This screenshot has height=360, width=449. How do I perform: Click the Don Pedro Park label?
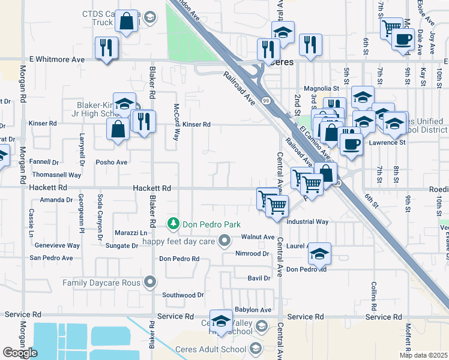211,224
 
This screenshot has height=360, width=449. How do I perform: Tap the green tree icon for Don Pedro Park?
173,224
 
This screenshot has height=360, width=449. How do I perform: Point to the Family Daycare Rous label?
101,283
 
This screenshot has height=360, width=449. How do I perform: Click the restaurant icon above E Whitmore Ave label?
106,47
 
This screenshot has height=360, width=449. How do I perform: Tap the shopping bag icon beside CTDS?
127,22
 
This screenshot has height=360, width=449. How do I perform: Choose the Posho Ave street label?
112,162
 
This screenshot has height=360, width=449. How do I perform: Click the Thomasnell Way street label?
57,175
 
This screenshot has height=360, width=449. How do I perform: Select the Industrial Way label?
307,221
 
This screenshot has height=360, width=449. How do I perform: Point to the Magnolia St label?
322,89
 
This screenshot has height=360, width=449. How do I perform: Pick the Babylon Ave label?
253,310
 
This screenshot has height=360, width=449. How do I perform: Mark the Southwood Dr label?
183,295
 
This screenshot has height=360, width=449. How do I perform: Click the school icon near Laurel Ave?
320,254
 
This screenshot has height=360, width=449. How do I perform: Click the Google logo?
20,353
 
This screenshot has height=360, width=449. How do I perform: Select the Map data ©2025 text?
424,355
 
